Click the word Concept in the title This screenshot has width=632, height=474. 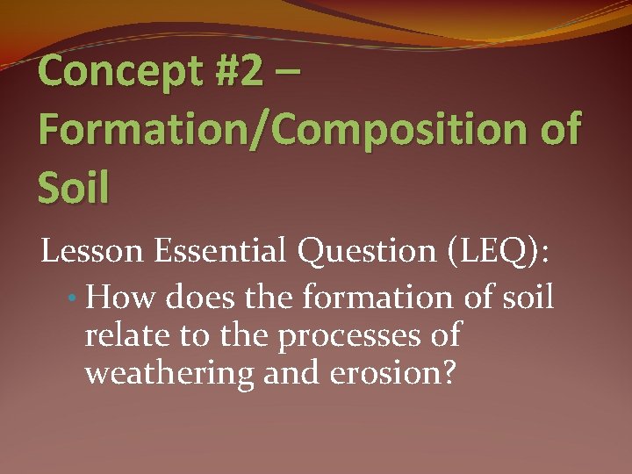click(118, 73)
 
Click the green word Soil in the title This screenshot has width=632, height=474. click(74, 187)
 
